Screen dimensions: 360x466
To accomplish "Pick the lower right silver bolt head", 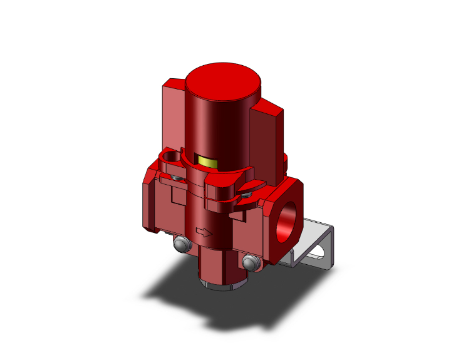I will point(252,263).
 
